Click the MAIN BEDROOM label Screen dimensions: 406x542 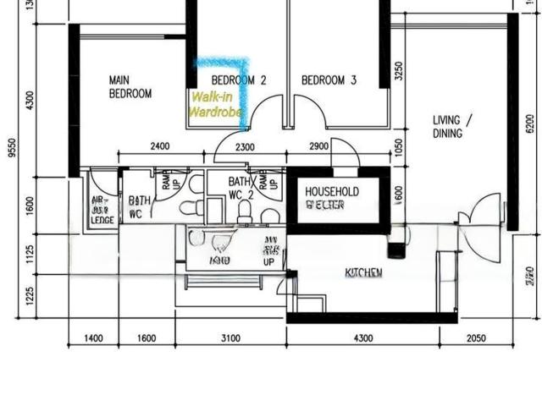click(x=130, y=87)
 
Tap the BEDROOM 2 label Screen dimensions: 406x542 click(x=239, y=80)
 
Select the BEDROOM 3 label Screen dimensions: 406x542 click(x=329, y=80)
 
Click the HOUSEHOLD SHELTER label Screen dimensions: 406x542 click(x=332, y=198)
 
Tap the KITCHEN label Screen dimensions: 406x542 click(x=363, y=272)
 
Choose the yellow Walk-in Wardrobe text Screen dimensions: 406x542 click(x=215, y=104)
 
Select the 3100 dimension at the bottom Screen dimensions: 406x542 click(x=230, y=338)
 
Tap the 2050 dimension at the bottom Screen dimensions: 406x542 click(x=476, y=338)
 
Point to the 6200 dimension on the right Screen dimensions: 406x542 click(x=530, y=123)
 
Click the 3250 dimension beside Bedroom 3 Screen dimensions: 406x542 click(x=399, y=73)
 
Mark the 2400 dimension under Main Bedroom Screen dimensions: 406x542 click(x=159, y=146)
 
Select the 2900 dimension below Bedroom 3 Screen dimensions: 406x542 click(x=318, y=146)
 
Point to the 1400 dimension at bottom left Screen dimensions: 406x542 click(x=93, y=338)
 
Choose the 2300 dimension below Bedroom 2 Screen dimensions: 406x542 click(x=244, y=146)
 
